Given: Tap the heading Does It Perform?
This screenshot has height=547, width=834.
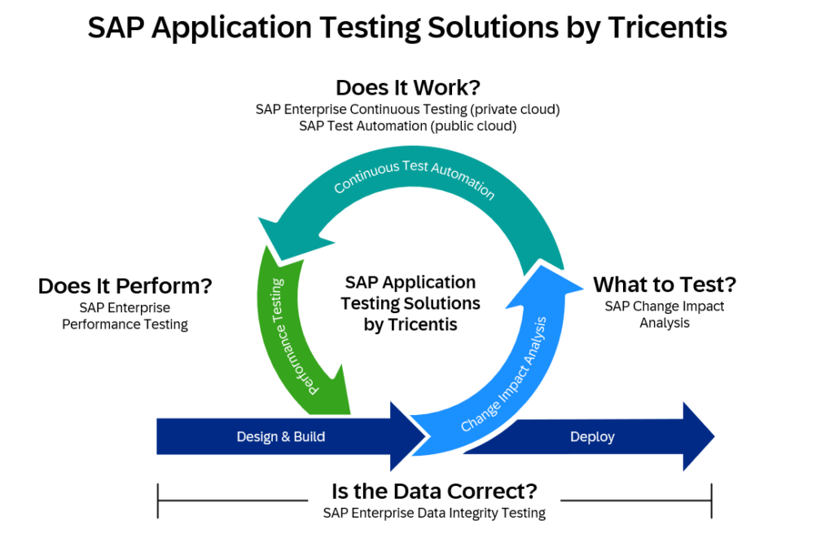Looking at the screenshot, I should pyautogui.click(x=125, y=286).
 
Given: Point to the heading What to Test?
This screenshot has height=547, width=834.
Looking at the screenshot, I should pyautogui.click(x=664, y=285).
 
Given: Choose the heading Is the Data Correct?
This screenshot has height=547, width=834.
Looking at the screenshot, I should pyautogui.click(x=433, y=492).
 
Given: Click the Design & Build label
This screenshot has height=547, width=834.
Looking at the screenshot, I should pyautogui.click(x=281, y=437).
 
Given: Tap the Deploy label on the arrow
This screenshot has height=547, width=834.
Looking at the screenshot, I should pyautogui.click(x=592, y=437).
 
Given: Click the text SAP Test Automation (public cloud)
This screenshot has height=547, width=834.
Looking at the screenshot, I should pyautogui.click(x=407, y=126).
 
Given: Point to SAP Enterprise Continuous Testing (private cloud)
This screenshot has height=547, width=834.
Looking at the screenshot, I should pyautogui.click(x=407, y=108).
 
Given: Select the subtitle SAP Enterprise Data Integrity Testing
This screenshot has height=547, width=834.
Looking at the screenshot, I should pyautogui.click(x=433, y=513).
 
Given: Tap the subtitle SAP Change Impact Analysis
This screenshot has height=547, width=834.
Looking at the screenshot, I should pyautogui.click(x=664, y=315).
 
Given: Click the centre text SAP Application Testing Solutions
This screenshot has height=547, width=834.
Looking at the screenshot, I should pyautogui.click(x=410, y=303).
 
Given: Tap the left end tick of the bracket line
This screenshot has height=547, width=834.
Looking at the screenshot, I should pyautogui.click(x=157, y=501).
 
